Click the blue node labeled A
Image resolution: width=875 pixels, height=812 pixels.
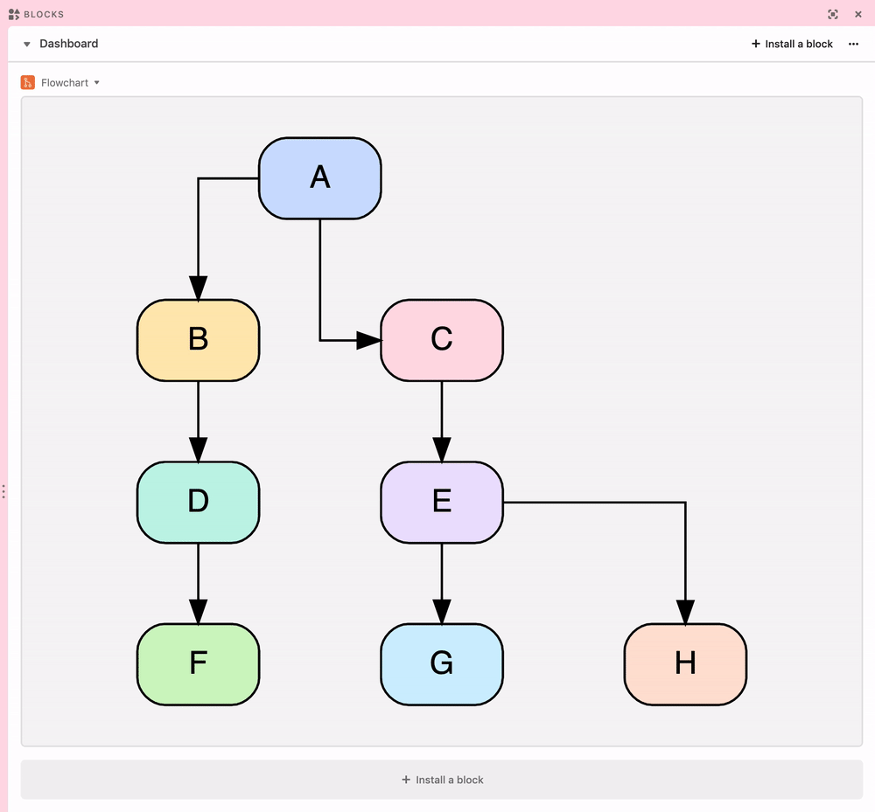(319, 178)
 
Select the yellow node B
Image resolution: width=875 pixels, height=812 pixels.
(198, 341)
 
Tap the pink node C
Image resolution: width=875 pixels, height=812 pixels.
(442, 341)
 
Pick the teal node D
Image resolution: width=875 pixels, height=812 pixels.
(198, 502)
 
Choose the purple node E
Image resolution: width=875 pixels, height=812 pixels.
(442, 502)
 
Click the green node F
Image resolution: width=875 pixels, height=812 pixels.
(198, 664)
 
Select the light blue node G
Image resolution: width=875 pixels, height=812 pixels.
(442, 664)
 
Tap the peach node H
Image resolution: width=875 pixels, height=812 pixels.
(685, 664)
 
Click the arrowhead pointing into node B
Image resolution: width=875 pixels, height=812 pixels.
(198, 288)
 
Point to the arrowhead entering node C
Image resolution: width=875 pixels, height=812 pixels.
(369, 340)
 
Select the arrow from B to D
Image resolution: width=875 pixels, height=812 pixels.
(198, 422)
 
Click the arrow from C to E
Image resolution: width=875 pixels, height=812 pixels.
(442, 422)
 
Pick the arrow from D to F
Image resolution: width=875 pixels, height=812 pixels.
(198, 584)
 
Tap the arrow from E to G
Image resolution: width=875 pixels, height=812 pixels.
(442, 584)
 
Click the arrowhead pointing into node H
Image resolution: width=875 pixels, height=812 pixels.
(685, 612)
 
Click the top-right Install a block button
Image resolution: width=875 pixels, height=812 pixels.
(792, 44)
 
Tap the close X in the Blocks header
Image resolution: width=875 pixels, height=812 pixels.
(858, 15)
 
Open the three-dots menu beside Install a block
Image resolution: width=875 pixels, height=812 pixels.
(853, 44)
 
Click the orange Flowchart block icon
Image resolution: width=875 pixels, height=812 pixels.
(28, 82)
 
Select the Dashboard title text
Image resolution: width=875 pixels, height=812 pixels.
(68, 44)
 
